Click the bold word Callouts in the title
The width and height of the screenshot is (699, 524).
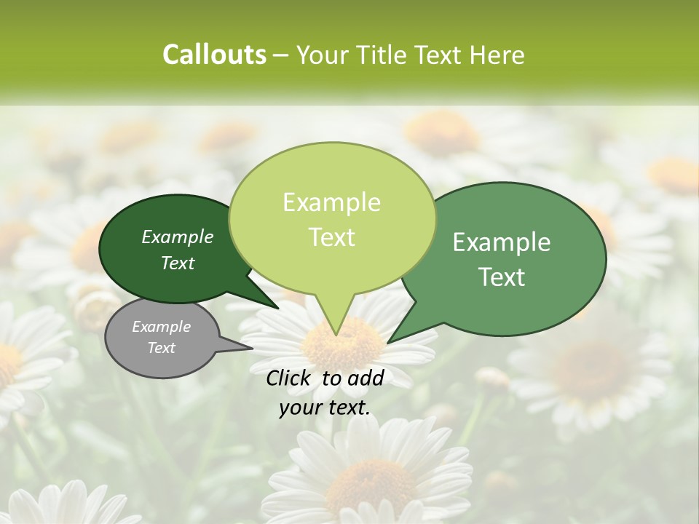click(214, 55)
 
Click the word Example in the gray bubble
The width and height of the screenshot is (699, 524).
click(161, 327)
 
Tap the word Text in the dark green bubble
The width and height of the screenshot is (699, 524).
click(178, 263)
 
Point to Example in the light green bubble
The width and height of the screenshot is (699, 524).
click(331, 202)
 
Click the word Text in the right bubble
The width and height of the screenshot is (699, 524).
click(502, 277)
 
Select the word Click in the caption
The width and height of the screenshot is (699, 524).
click(290, 378)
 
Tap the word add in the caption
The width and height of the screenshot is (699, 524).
click(366, 378)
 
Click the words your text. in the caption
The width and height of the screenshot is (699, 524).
click(325, 408)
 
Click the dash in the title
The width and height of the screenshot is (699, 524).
click(281, 55)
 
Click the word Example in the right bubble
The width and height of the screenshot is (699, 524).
click(502, 242)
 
